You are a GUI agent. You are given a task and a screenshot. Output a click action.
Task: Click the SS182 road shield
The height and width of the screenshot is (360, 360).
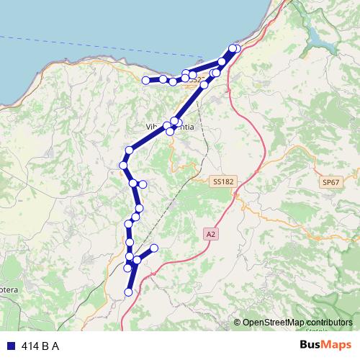(224, 182)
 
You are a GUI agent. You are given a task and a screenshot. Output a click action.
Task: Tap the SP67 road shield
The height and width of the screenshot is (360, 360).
(330, 183)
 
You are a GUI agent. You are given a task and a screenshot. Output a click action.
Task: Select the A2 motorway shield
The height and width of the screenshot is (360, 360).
(210, 234)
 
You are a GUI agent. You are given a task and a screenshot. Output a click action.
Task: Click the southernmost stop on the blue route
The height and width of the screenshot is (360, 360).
(129, 292)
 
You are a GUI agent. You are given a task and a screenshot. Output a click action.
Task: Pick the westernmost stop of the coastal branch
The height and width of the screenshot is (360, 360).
(146, 80)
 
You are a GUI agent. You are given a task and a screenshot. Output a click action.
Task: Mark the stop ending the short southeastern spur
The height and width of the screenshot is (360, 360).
(153, 248)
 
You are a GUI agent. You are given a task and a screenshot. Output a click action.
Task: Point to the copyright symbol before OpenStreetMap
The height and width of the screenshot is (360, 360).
(237, 323)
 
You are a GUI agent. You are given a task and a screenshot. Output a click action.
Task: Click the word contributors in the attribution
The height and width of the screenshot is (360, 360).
(328, 323)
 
